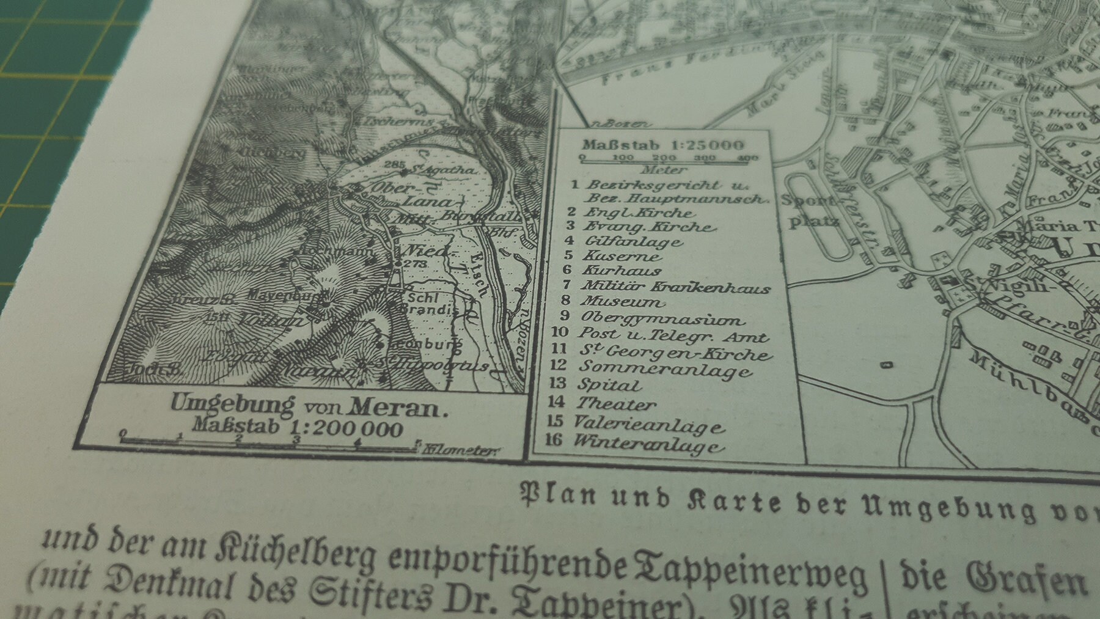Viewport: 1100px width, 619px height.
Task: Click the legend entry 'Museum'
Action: [x=622, y=301]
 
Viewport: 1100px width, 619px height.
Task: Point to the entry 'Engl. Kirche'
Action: [x=639, y=213]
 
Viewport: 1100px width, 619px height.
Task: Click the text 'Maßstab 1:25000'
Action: [x=663, y=145]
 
